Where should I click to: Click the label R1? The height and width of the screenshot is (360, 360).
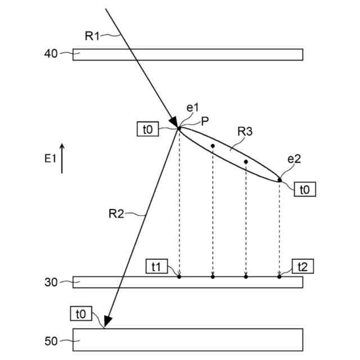92,36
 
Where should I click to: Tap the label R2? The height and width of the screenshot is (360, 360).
116,213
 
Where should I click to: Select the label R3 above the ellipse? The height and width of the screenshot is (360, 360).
245,132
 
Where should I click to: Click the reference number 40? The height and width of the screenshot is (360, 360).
51,54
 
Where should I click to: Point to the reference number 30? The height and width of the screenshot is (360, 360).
51,282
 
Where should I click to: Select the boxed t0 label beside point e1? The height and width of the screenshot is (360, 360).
148,129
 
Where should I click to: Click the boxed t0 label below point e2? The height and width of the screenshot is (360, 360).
304,190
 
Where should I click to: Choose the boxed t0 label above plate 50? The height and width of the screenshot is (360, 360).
82,313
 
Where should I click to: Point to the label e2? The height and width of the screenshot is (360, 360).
294,159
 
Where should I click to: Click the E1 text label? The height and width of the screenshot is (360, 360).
51,159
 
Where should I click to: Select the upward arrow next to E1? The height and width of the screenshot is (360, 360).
62,158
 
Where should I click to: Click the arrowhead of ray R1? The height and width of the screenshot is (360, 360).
174,122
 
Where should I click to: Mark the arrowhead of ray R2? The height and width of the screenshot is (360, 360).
107,322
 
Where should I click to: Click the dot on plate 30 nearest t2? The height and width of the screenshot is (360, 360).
279,276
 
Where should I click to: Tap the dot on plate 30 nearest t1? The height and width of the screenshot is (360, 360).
179,276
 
